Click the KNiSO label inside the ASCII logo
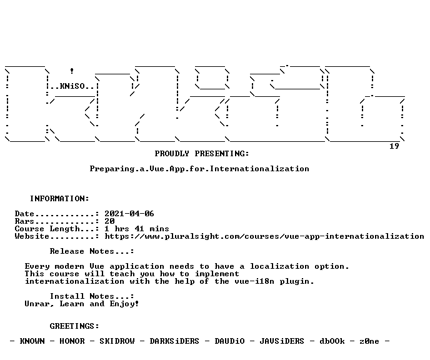[72, 86]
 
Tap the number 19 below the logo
[394, 146]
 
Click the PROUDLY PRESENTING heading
[202, 154]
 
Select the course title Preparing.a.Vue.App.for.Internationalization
[199, 169]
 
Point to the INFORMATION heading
[59, 199]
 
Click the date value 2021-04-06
[129, 214]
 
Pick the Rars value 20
[109, 221]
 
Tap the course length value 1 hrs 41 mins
[137, 229]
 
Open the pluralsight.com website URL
[264, 236]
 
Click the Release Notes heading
[92, 251]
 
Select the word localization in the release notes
[279, 266]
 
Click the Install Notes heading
[92, 296]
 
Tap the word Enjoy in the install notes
[124, 304]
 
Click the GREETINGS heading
[74, 326]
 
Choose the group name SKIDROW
[117, 341]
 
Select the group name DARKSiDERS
[174, 341]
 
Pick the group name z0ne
[369, 341]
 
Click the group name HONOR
[72, 341]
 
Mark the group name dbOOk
[332, 341]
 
